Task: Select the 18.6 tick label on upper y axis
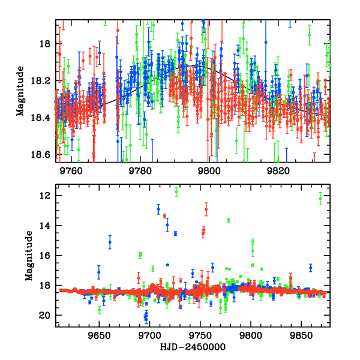click(41, 155)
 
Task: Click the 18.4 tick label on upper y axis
click(41, 118)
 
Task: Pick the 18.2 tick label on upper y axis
click(41, 81)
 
